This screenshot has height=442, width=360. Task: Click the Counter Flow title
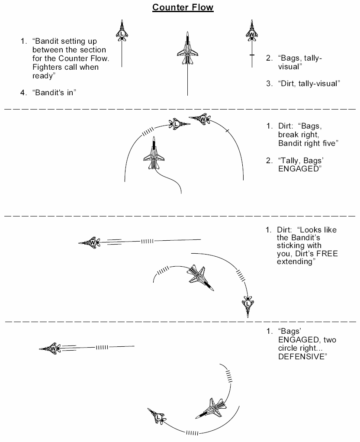[183, 7]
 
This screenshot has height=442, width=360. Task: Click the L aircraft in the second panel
[179, 124]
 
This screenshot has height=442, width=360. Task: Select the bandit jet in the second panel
[154, 153]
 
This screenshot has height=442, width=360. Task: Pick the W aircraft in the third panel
[90, 242]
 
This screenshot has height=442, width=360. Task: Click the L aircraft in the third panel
[248, 306]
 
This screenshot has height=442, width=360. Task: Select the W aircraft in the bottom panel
[51, 348]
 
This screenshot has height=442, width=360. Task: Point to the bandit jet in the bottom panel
[211, 408]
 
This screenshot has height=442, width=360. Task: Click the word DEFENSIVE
[303, 357]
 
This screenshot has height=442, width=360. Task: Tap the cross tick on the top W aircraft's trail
[252, 55]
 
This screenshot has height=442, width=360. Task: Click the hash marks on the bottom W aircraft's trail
[102, 347]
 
